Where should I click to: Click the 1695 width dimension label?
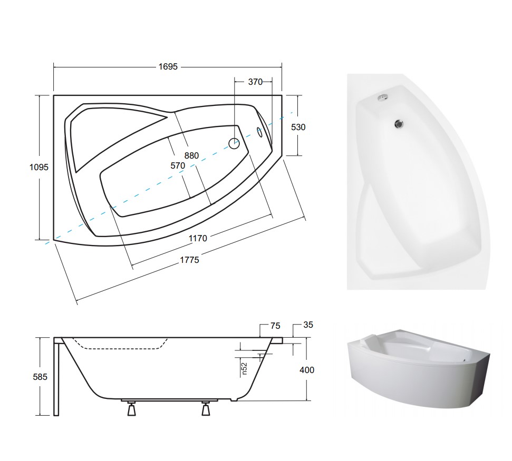point(168,66)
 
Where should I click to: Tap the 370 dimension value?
point(255,82)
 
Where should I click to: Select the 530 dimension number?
point(298,127)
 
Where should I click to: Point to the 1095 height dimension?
point(39,167)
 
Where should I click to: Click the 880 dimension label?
point(191,155)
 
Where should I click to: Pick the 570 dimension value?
point(178,166)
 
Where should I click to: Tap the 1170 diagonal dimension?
point(198,238)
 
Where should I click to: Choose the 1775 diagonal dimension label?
point(189,260)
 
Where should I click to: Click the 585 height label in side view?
point(40,377)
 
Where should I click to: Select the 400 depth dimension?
point(307,370)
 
